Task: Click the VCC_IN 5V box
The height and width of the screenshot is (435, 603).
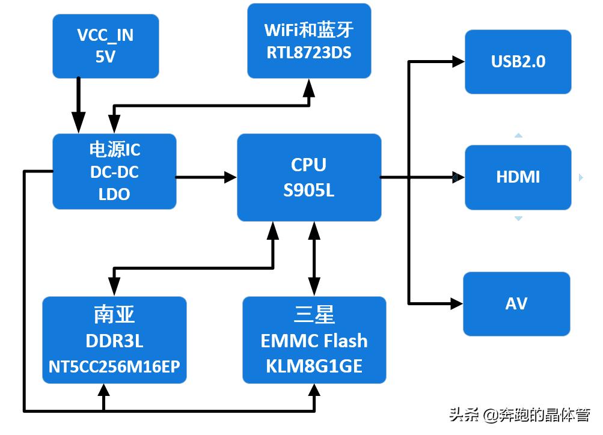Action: point(106,46)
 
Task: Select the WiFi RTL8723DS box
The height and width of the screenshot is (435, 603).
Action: point(309,41)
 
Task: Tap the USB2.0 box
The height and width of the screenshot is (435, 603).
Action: point(518,62)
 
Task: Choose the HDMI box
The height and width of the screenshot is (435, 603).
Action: point(518,177)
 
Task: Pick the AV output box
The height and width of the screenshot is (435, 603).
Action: point(516,303)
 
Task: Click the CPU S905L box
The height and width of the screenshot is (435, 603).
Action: point(309,177)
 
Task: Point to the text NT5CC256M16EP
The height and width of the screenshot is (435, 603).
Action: point(114,366)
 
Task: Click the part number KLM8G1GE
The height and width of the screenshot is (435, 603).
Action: point(314,366)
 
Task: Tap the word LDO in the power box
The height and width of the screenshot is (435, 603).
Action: point(114,194)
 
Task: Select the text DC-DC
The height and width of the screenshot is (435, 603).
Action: point(114,172)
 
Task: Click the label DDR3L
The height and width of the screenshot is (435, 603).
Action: point(114,341)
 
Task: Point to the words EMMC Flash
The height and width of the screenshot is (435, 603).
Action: point(314,341)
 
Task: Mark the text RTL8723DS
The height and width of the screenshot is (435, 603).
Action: point(309,52)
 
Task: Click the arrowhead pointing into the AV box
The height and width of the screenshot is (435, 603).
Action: point(457,303)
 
